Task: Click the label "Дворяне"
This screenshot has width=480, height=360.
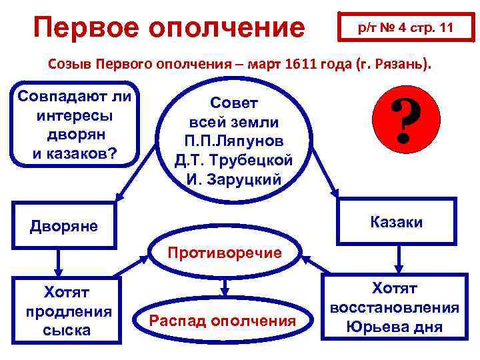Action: pyautogui.click(x=64, y=226)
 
